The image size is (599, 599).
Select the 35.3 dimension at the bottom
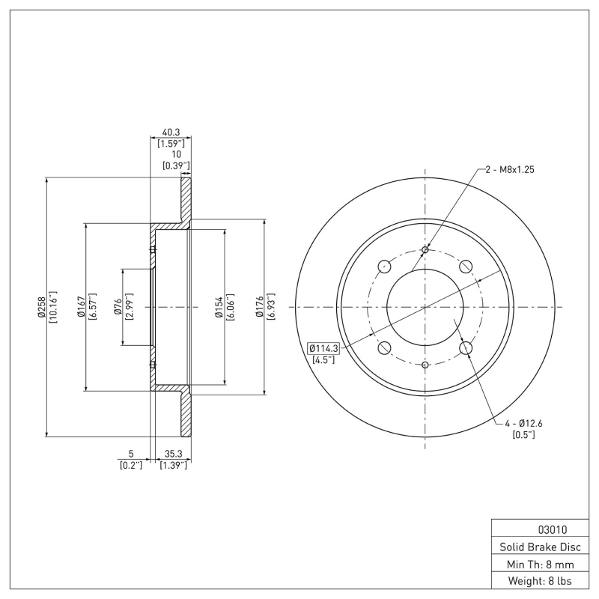tap(173, 454)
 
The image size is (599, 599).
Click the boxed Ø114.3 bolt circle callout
tap(323, 347)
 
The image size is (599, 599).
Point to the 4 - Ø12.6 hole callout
tap(523, 424)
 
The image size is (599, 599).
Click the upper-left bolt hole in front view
tap(385, 266)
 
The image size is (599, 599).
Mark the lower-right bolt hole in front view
tap(466, 347)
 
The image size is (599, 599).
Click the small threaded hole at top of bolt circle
tap(425, 249)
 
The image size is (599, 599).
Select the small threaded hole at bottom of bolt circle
tap(425, 365)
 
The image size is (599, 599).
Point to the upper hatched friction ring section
tap(184, 199)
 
